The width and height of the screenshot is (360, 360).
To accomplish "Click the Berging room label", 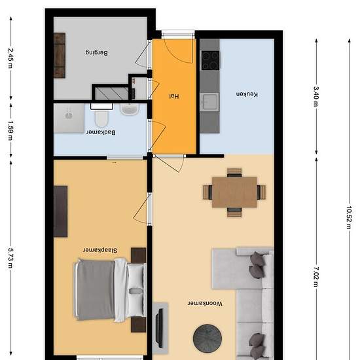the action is point(96,52).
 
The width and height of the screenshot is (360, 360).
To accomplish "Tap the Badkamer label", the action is point(101,132).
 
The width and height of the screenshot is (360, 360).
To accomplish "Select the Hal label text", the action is point(174,96).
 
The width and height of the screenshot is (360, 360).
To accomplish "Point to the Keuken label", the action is point(247,94).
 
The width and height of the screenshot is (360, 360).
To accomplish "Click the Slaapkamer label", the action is point(100,250).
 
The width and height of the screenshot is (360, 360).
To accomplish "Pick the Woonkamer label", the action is point(205,304).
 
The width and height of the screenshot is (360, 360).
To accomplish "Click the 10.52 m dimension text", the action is point(349,218).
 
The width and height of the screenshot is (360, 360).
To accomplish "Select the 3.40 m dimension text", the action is point(316,96).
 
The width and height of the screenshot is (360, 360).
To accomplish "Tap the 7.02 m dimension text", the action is point(316,277).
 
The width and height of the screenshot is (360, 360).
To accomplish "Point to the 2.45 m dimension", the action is point(10,58).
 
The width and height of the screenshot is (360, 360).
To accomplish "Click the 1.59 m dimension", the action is point(10,131).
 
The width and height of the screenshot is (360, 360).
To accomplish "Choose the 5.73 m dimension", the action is point(10,258).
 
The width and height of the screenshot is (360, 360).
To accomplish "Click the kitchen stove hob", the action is point(210,60).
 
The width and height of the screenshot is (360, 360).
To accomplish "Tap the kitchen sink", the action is point(209,102).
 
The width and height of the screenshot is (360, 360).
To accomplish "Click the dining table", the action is point(234,192).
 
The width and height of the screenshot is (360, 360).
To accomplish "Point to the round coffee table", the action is point(207,338).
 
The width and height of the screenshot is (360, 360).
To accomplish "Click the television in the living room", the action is point(159,329).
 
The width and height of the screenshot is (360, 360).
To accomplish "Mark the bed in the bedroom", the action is point(110,290).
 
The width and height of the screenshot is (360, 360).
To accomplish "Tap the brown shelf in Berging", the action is point(60,56).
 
